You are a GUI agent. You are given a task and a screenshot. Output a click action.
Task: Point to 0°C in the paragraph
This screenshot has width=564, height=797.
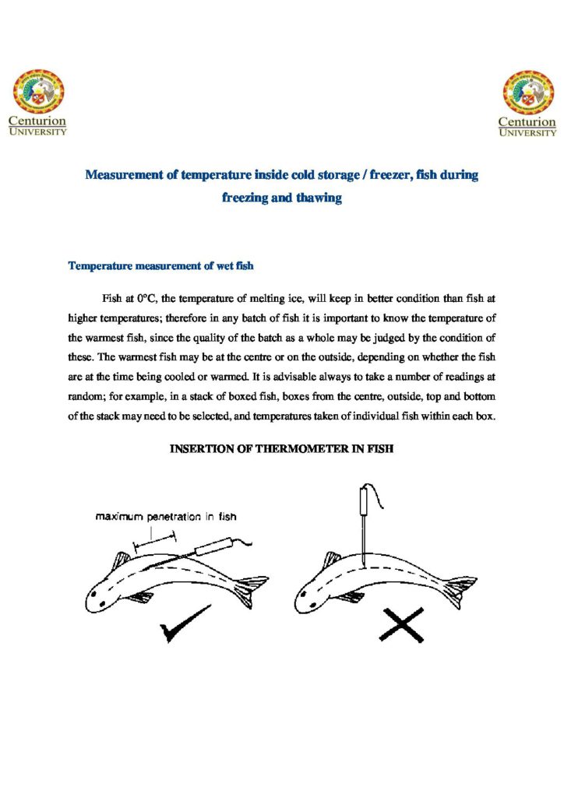tap(146, 297)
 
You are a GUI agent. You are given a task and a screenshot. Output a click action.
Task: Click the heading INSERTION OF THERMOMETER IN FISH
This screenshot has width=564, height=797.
tap(281, 450)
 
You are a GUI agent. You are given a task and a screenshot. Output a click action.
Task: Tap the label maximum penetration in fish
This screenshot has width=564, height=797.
tap(166, 516)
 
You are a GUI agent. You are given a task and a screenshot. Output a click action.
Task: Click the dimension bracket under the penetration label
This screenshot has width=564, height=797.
tap(155, 538)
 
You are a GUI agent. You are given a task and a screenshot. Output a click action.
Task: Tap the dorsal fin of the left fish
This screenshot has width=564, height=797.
tap(122, 560)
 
